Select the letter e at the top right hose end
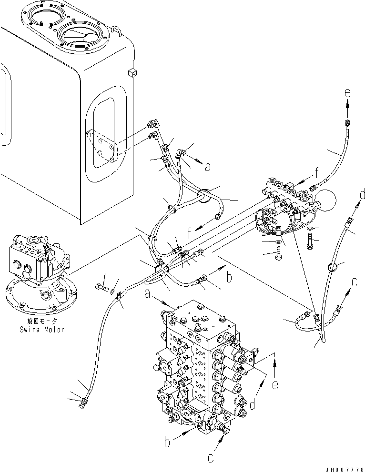(348, 93)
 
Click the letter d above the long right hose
(363, 194)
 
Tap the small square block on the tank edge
(133, 72)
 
